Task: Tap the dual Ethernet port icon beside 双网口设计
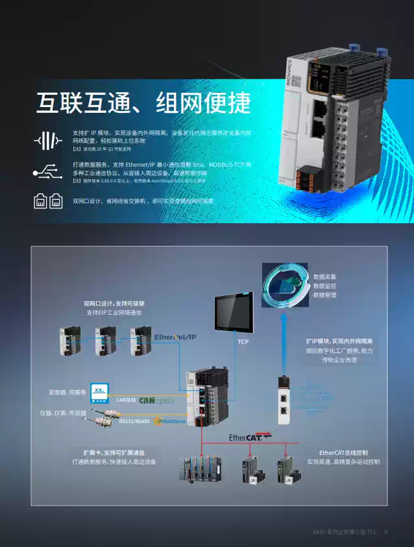(x=47, y=202)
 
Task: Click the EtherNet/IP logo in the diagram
(x=175, y=337)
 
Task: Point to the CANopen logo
(x=156, y=400)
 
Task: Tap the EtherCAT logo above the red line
(x=250, y=437)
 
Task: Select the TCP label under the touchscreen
(x=243, y=341)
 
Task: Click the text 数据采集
(x=324, y=277)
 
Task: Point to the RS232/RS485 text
(x=134, y=421)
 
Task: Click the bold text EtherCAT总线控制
(x=343, y=452)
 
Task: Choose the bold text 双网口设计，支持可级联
(x=114, y=303)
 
